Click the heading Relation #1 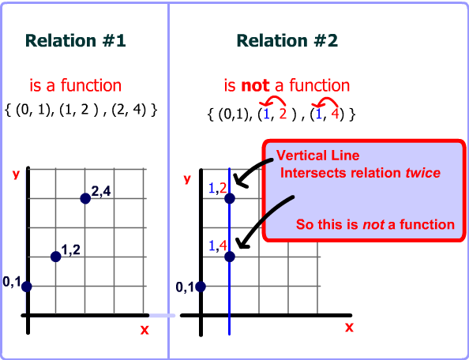point(76,41)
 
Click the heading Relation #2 point(287,41)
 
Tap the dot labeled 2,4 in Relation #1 point(85,198)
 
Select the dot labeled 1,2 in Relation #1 point(55,257)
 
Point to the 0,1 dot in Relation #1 point(26,287)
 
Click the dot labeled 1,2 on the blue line point(230,198)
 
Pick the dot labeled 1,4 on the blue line point(230,257)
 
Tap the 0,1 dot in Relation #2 point(201,287)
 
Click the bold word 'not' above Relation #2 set point(255,86)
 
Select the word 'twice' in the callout point(423,173)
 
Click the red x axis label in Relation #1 point(144,330)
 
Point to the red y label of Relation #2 point(187,179)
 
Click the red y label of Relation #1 point(16,174)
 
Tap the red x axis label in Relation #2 point(349,328)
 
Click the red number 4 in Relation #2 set point(335,114)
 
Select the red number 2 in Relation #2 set point(283,114)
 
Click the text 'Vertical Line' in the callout point(317,156)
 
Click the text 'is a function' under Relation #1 point(76,85)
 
